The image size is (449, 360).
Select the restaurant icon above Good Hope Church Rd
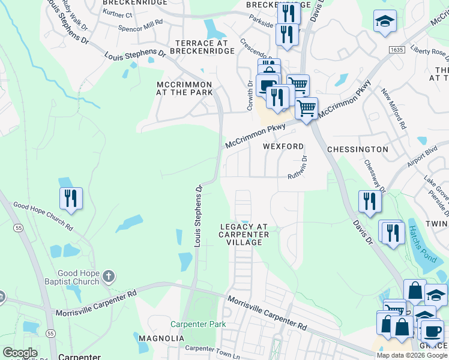click(x=71, y=199)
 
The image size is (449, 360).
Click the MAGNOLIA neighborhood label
click(x=161, y=338)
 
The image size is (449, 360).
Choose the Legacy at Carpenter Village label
click(x=244, y=235)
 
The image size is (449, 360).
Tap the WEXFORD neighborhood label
click(x=283, y=146)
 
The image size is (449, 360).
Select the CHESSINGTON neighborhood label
click(x=358, y=149)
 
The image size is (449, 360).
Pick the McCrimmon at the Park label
click(x=184, y=88)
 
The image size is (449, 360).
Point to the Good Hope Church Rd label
click(x=43, y=216)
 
